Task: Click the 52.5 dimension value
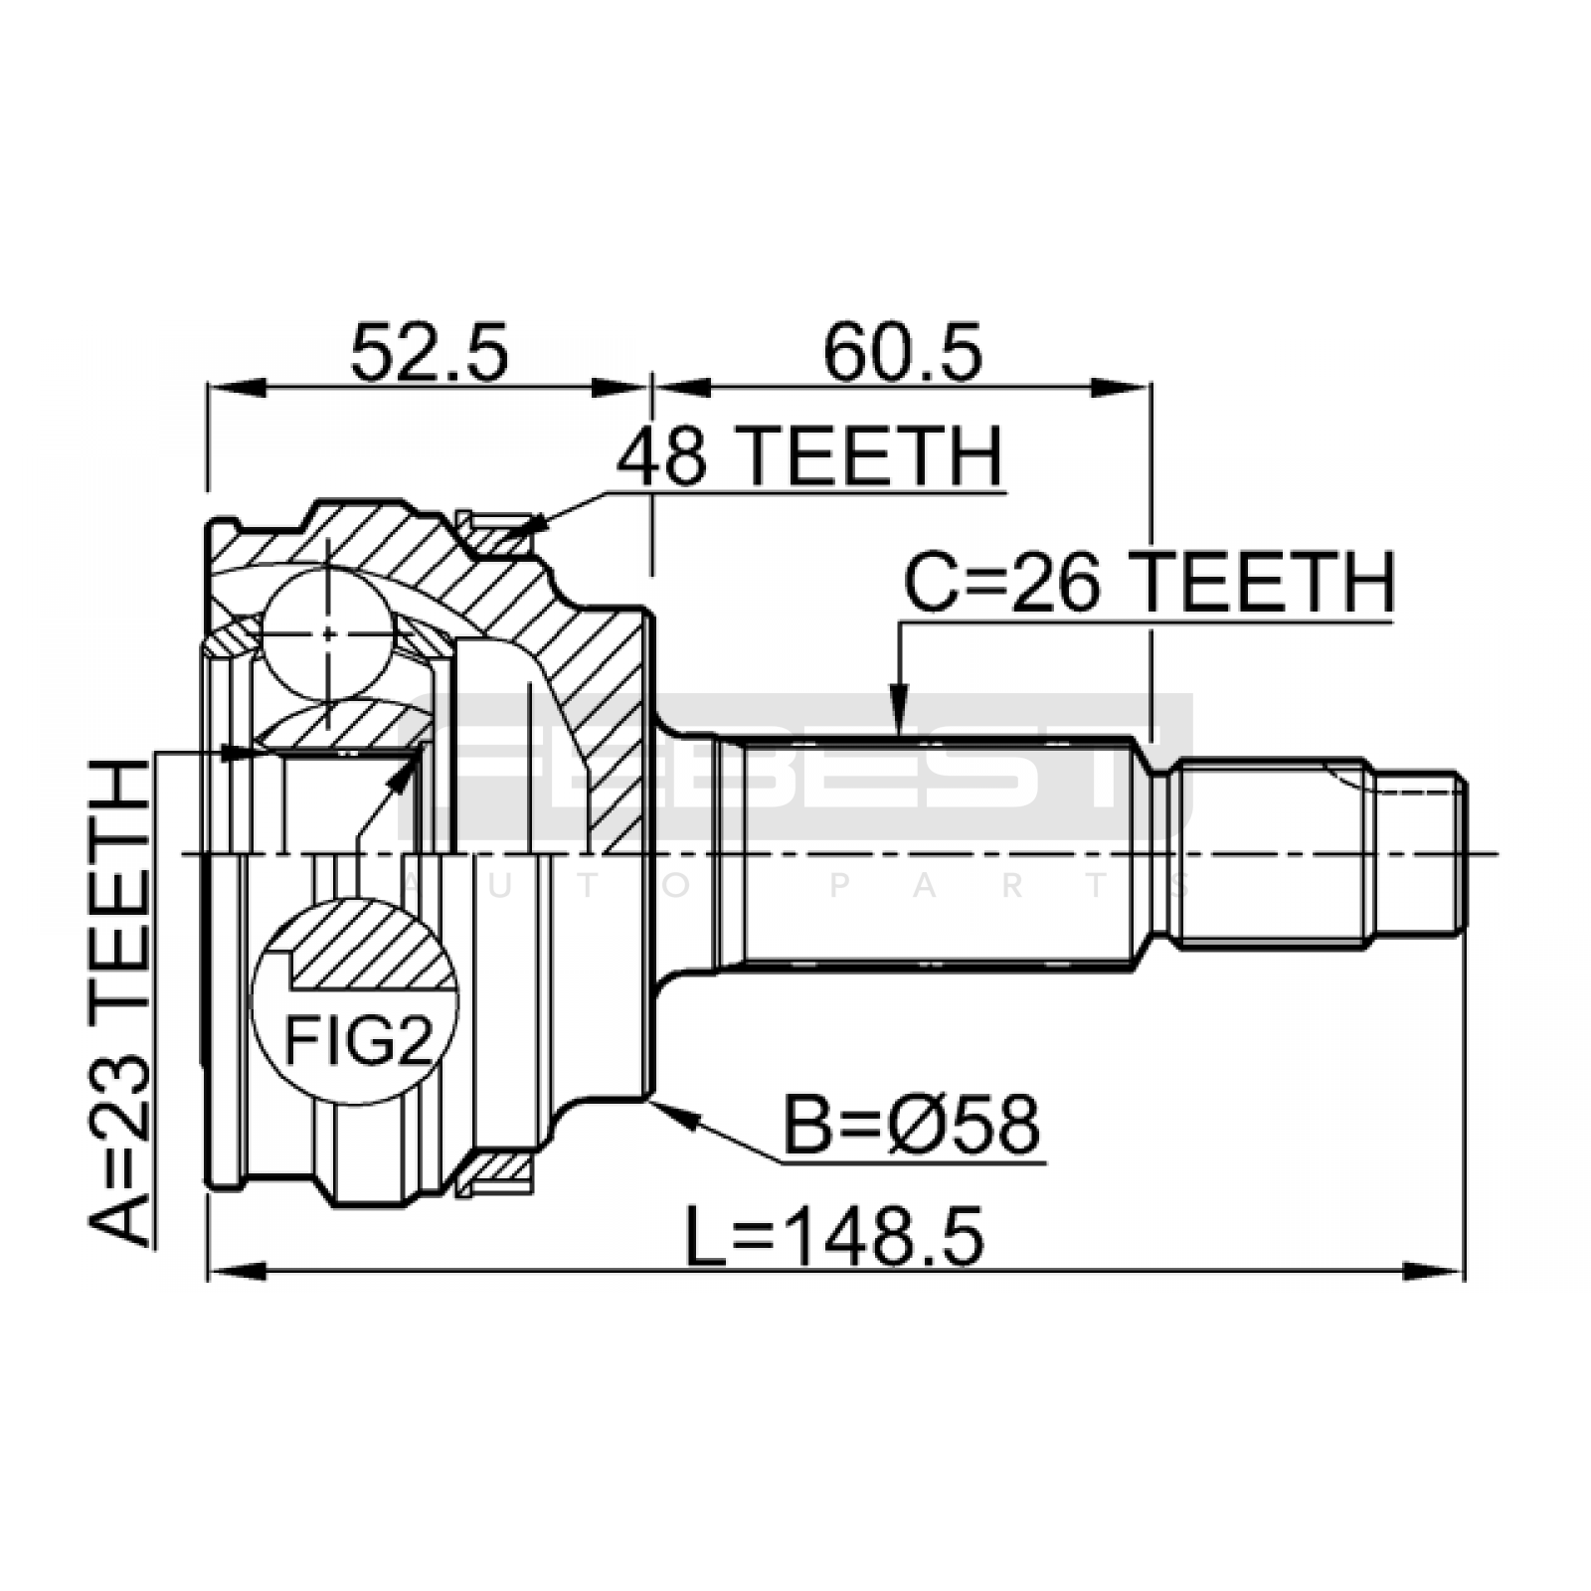pyautogui.click(x=430, y=352)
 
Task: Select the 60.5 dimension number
pyautogui.click(x=902, y=352)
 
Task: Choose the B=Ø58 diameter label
pyautogui.click(x=912, y=1125)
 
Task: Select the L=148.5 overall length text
pyautogui.click(x=835, y=1236)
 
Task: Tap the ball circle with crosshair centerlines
pyautogui.click(x=327, y=633)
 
